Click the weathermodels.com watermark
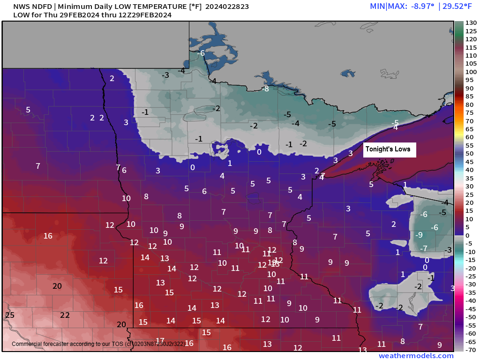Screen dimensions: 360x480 click(416, 356)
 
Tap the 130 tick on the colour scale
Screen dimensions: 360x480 click(471, 23)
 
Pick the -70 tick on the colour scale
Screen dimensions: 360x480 click(471, 350)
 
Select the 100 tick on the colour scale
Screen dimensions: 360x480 click(471, 72)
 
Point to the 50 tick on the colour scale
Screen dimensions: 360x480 click(471, 153)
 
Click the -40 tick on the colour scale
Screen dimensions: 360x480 click(471, 300)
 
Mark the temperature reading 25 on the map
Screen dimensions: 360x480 click(9, 315)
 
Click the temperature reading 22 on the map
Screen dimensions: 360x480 click(65, 315)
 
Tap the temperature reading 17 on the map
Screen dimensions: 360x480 click(160, 341)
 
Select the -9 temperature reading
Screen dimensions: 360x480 click(420, 235)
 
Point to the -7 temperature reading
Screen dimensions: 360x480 click(423, 248)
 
